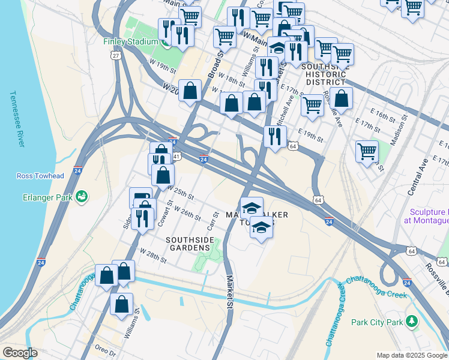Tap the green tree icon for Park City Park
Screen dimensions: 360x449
pyautogui.click(x=411, y=322)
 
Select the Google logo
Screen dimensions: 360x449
pyautogui.click(x=19, y=353)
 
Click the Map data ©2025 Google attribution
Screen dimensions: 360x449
pyautogui.click(x=412, y=355)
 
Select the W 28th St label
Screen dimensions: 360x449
pyautogui.click(x=152, y=254)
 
